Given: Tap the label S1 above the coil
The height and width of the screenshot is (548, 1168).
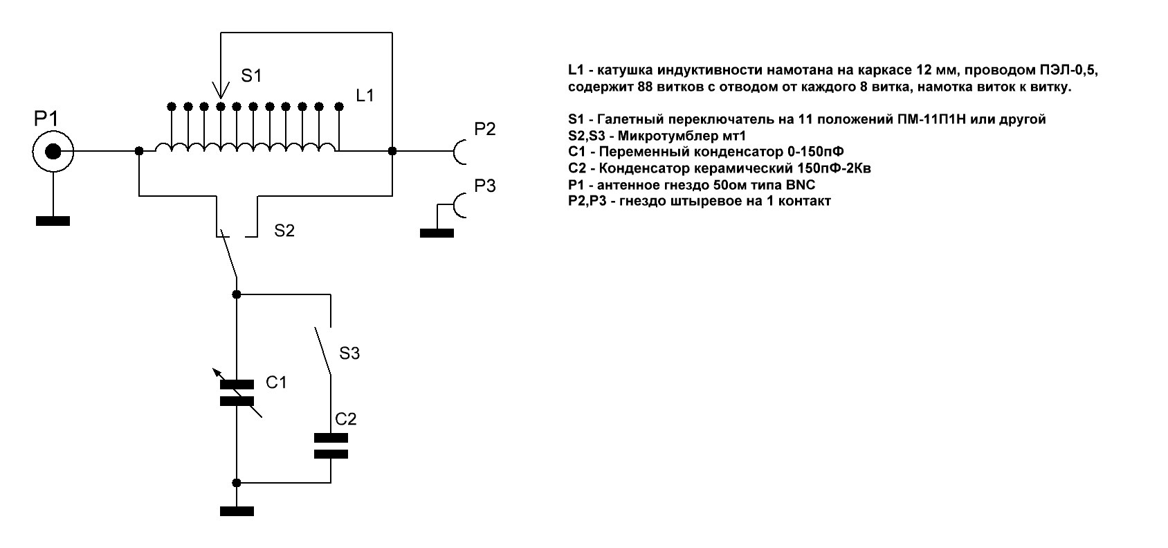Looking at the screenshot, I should tap(251, 76).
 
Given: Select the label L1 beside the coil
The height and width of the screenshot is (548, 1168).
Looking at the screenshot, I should tap(365, 96).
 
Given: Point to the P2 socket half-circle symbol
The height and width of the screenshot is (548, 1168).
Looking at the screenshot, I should tap(460, 151).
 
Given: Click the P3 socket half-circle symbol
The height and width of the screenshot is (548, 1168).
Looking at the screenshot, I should tap(460, 206).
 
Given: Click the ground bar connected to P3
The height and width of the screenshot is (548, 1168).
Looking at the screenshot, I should tap(437, 233).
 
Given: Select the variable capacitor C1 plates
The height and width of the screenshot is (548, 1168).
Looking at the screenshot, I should tap(237, 392).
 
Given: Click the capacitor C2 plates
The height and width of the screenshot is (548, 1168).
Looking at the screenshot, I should tap(331, 446).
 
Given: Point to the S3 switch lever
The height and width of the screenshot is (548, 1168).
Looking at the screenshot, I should tap(322, 351).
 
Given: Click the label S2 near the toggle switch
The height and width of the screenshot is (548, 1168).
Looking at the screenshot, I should tap(284, 231).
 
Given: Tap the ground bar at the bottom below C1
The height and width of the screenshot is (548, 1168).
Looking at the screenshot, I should tap(237, 511).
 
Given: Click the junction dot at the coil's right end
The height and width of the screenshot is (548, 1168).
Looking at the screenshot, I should tap(392, 151).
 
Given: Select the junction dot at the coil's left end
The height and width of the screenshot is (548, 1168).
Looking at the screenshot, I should tap(139, 151).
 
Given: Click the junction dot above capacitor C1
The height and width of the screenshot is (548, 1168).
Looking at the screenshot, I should tap(237, 294).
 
